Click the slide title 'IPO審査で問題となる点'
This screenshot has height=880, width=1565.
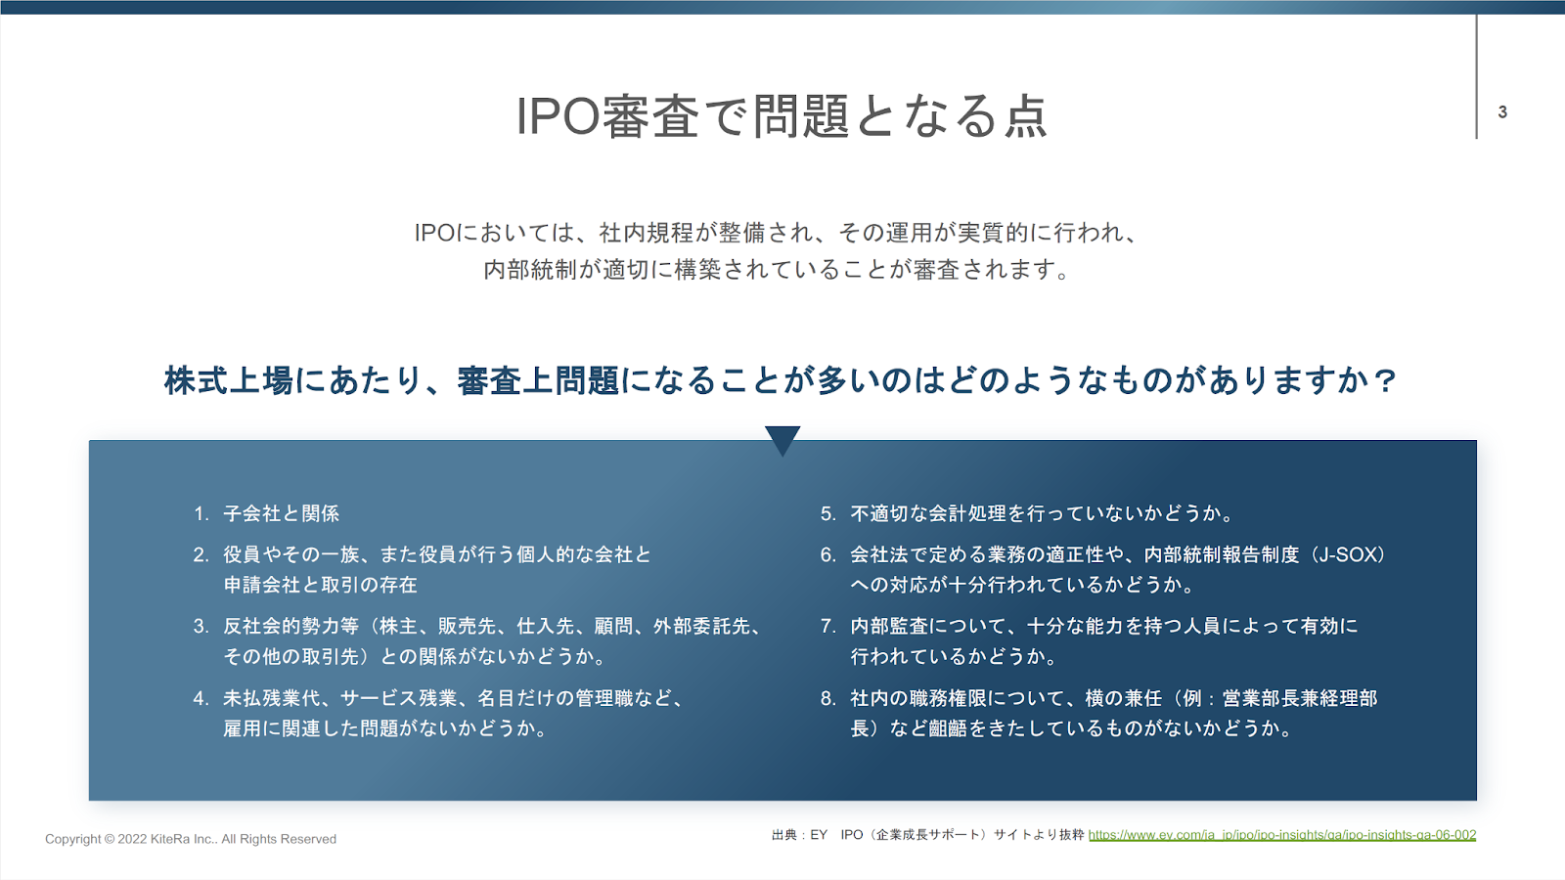[x=782, y=116]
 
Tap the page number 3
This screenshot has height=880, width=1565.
[x=1502, y=111]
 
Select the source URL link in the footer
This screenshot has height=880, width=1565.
[x=1282, y=835]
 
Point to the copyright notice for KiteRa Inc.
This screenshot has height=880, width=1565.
[x=191, y=839]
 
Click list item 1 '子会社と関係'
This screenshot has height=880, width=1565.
[x=281, y=514]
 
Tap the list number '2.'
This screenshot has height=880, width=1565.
[x=201, y=555]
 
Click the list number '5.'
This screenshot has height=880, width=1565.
[x=827, y=514]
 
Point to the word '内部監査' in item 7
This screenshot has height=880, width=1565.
[x=889, y=626]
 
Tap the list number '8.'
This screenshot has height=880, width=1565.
[x=827, y=698]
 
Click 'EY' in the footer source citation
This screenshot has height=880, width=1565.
[x=819, y=835]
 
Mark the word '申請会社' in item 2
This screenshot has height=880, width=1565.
[x=262, y=586]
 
